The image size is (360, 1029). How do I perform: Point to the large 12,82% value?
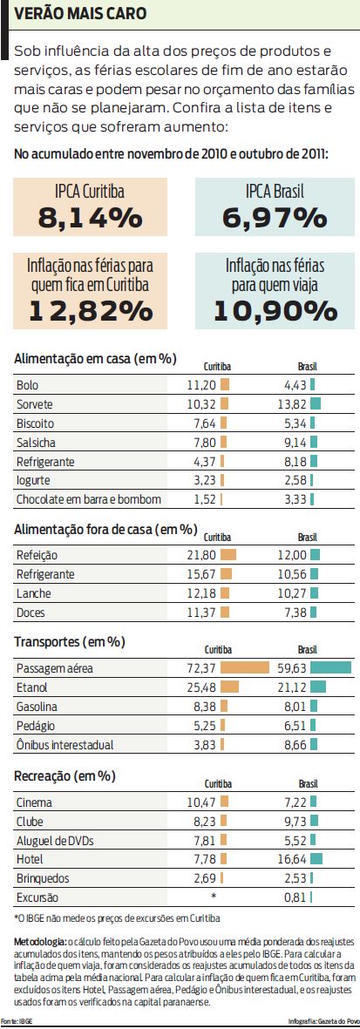coord(90,309)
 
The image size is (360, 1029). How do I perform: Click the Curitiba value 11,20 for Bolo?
coord(201,384)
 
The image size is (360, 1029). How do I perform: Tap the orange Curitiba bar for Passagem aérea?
coord(244,668)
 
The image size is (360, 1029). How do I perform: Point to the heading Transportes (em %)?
coord(70,642)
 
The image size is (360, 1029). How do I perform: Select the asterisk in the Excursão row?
coord(214,897)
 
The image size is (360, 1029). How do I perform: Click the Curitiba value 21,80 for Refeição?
coord(201,555)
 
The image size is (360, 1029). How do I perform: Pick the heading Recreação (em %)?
coord(65,776)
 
